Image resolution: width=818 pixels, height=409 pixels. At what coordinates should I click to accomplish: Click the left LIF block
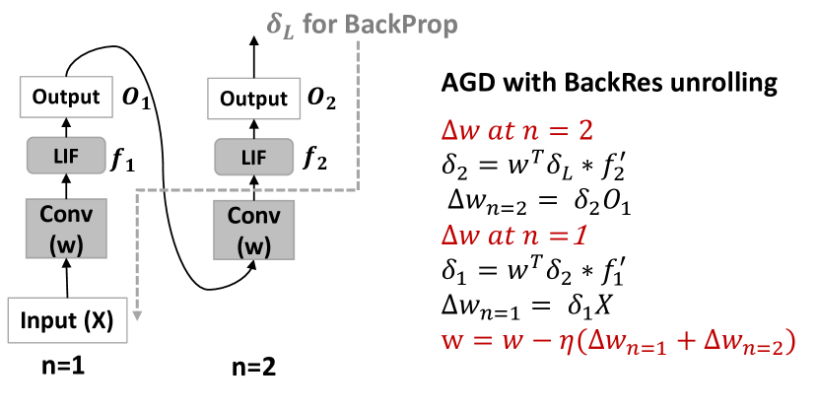click(x=66, y=156)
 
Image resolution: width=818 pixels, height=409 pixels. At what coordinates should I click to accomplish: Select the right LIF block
click(x=253, y=157)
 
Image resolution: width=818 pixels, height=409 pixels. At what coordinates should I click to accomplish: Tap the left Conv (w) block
click(x=66, y=229)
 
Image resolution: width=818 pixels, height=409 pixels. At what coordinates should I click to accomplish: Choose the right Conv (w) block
click(x=253, y=231)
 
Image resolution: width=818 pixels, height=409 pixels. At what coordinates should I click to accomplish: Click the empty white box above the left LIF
click(x=66, y=97)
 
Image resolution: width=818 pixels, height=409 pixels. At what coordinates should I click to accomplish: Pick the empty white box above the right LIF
click(x=253, y=98)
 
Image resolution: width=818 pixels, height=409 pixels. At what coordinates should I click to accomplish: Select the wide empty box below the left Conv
click(x=67, y=320)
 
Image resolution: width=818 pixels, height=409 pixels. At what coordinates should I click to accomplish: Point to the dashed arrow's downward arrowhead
click(x=137, y=315)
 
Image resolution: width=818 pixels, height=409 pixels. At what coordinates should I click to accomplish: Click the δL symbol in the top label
click(x=281, y=25)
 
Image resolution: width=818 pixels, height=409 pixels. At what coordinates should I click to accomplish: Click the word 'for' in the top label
click(x=319, y=25)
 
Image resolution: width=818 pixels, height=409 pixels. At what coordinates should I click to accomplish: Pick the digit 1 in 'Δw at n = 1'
click(x=579, y=237)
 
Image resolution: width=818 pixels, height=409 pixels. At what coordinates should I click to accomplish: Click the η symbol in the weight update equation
click(x=566, y=342)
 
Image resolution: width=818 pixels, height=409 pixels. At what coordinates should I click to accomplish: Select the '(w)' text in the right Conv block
click(x=253, y=246)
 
